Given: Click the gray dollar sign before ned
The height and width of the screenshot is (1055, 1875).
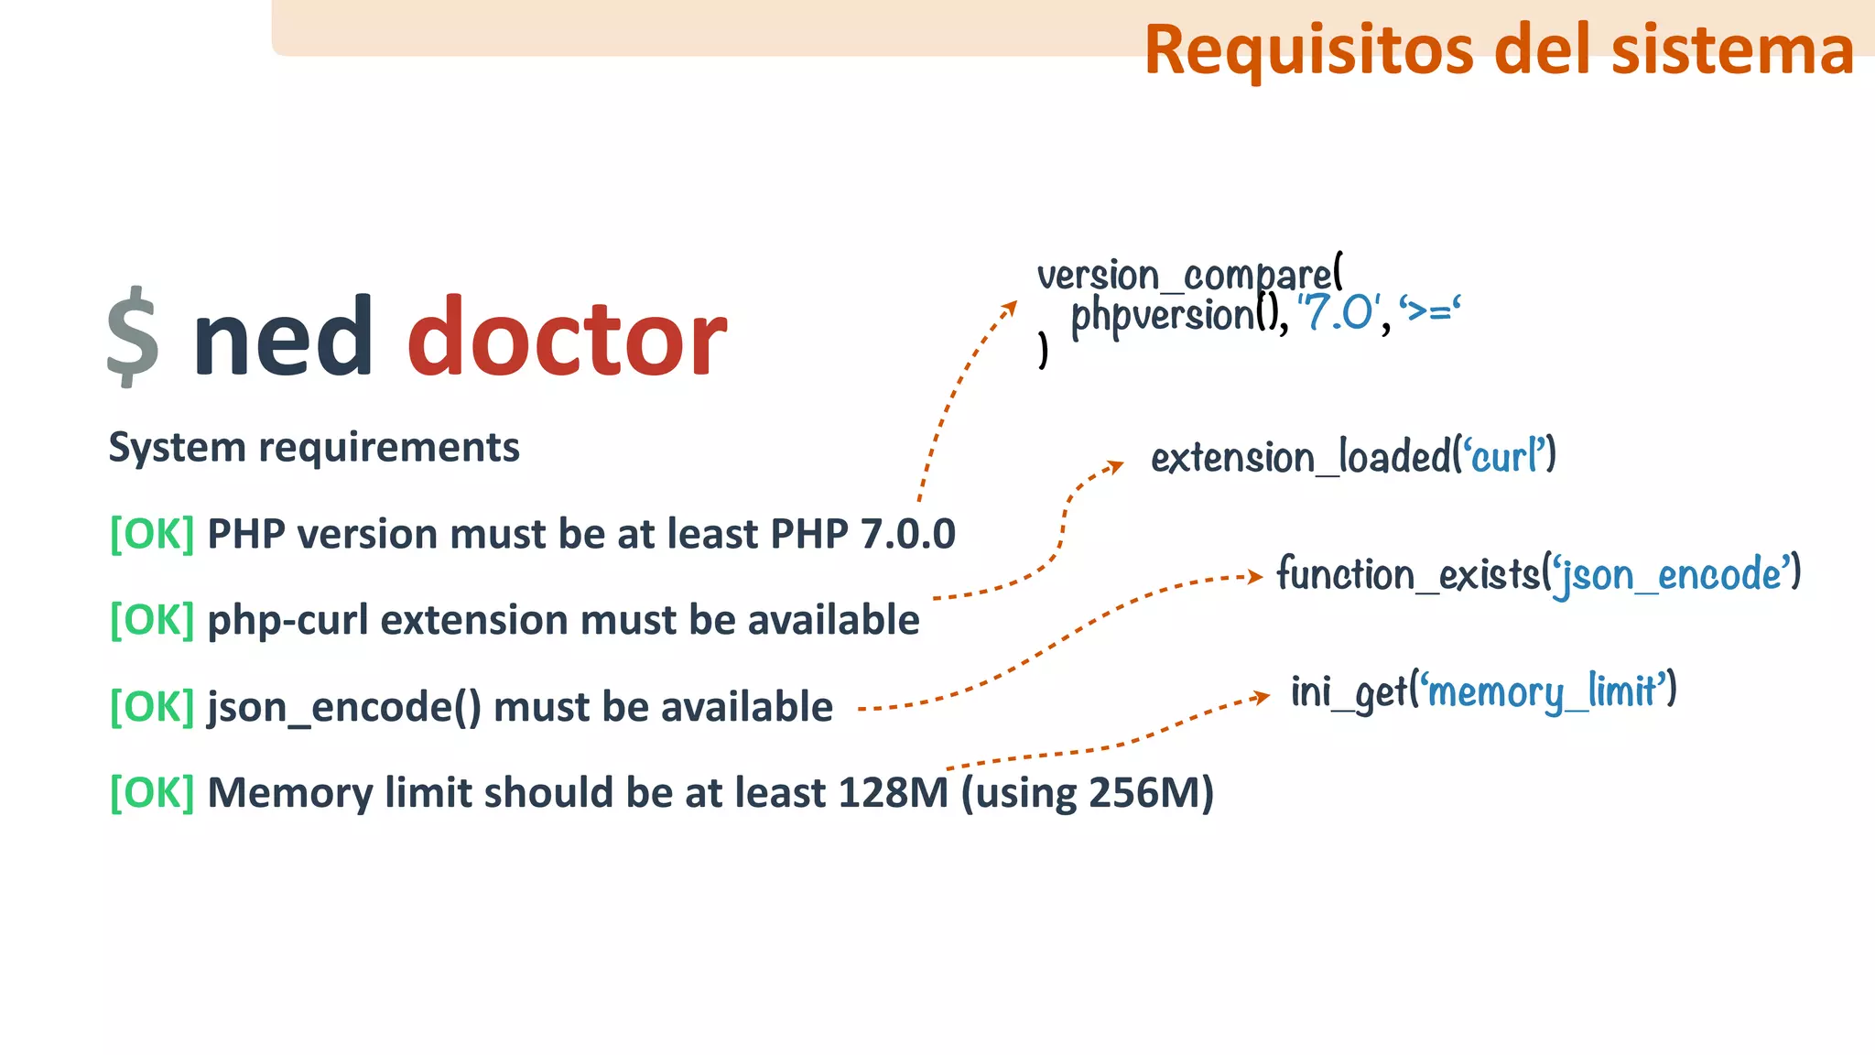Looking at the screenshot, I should [133, 336].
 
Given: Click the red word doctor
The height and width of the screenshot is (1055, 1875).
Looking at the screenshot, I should [567, 337].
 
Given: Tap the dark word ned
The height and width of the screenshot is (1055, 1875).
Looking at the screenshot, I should [282, 337].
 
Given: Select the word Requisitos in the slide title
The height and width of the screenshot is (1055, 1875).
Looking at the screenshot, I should [1307, 49].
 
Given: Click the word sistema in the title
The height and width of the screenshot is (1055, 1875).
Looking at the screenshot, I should [1732, 49].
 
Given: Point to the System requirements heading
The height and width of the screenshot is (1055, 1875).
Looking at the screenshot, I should [314, 448].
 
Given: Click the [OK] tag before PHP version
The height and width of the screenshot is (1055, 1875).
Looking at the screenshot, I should [152, 534].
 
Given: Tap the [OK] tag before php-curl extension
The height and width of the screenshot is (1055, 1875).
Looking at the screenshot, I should [152, 620].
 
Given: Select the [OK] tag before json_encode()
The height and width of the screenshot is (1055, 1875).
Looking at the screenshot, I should [152, 707].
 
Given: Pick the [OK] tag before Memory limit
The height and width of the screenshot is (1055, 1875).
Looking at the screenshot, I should [152, 793].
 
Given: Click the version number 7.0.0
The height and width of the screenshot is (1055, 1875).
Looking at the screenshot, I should [907, 534].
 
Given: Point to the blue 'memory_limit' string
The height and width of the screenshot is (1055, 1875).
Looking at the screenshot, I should [1544, 691].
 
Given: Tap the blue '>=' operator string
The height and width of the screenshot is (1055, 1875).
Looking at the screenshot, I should [1430, 311].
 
